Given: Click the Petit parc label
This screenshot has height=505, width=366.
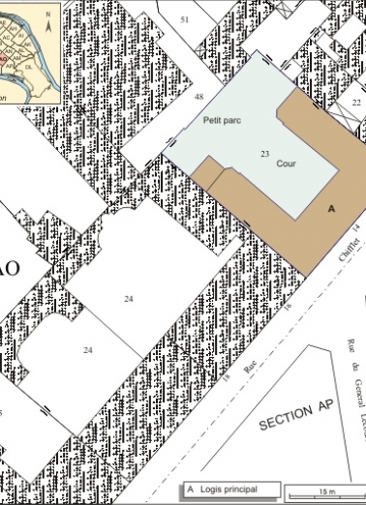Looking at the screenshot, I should (x=220, y=124).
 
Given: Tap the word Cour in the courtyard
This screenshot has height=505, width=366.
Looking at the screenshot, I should (x=286, y=164).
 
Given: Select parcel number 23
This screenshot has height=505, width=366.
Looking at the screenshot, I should (x=263, y=154).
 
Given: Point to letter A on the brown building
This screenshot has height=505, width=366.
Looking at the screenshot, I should (x=330, y=208).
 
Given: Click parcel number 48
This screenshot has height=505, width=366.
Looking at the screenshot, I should (x=198, y=98).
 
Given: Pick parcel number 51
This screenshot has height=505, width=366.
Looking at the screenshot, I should (x=185, y=19).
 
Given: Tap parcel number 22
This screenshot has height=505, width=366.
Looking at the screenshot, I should (x=355, y=102).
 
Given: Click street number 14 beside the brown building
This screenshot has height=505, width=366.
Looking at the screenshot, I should (x=355, y=226).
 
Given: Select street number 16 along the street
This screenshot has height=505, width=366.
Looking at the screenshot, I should (x=288, y=307).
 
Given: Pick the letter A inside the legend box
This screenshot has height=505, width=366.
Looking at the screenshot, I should (x=191, y=489).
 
